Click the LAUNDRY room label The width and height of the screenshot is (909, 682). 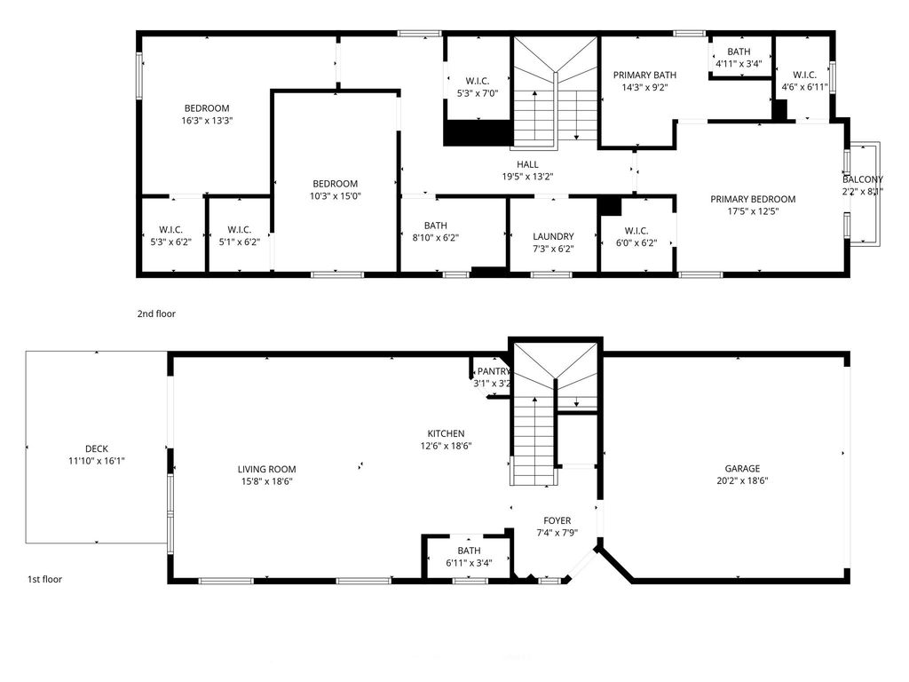(553, 236)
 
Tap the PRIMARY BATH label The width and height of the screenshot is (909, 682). (644, 75)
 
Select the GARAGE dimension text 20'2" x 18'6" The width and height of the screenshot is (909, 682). (742, 480)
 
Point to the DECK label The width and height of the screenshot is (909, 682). (96, 448)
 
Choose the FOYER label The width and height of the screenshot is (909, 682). (557, 520)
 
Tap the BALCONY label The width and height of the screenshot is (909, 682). (863, 179)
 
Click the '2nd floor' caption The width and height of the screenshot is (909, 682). (156, 313)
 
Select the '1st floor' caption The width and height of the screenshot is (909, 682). (44, 579)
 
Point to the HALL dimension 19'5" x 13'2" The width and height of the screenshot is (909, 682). (527, 177)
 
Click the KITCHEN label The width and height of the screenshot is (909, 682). (446, 433)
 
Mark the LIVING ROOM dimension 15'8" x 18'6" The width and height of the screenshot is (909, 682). (266, 481)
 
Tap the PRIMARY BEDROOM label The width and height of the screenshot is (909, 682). (753, 199)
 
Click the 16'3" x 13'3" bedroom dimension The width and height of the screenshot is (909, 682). (207, 121)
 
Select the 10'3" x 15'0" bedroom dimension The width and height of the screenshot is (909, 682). (335, 196)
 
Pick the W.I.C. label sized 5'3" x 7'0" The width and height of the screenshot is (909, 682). (478, 81)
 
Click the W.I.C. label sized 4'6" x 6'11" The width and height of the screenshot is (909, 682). (804, 75)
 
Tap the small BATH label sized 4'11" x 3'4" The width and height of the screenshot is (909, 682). (739, 52)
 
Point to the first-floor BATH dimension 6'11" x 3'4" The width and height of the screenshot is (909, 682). (469, 562)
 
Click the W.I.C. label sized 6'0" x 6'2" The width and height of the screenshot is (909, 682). (636, 231)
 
